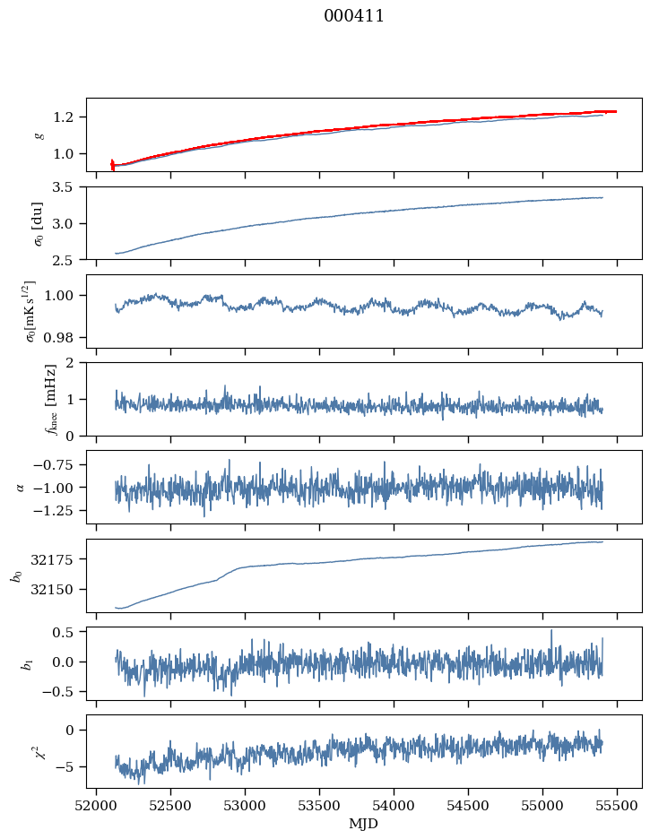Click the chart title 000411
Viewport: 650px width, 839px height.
pyautogui.click(x=354, y=16)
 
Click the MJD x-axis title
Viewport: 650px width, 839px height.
pyautogui.click(x=363, y=824)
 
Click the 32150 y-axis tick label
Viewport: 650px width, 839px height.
pyautogui.click(x=59, y=590)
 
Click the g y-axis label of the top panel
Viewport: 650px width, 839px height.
pyautogui.click(x=38, y=134)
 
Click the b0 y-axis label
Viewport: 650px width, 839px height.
pyautogui.click(x=16, y=575)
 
